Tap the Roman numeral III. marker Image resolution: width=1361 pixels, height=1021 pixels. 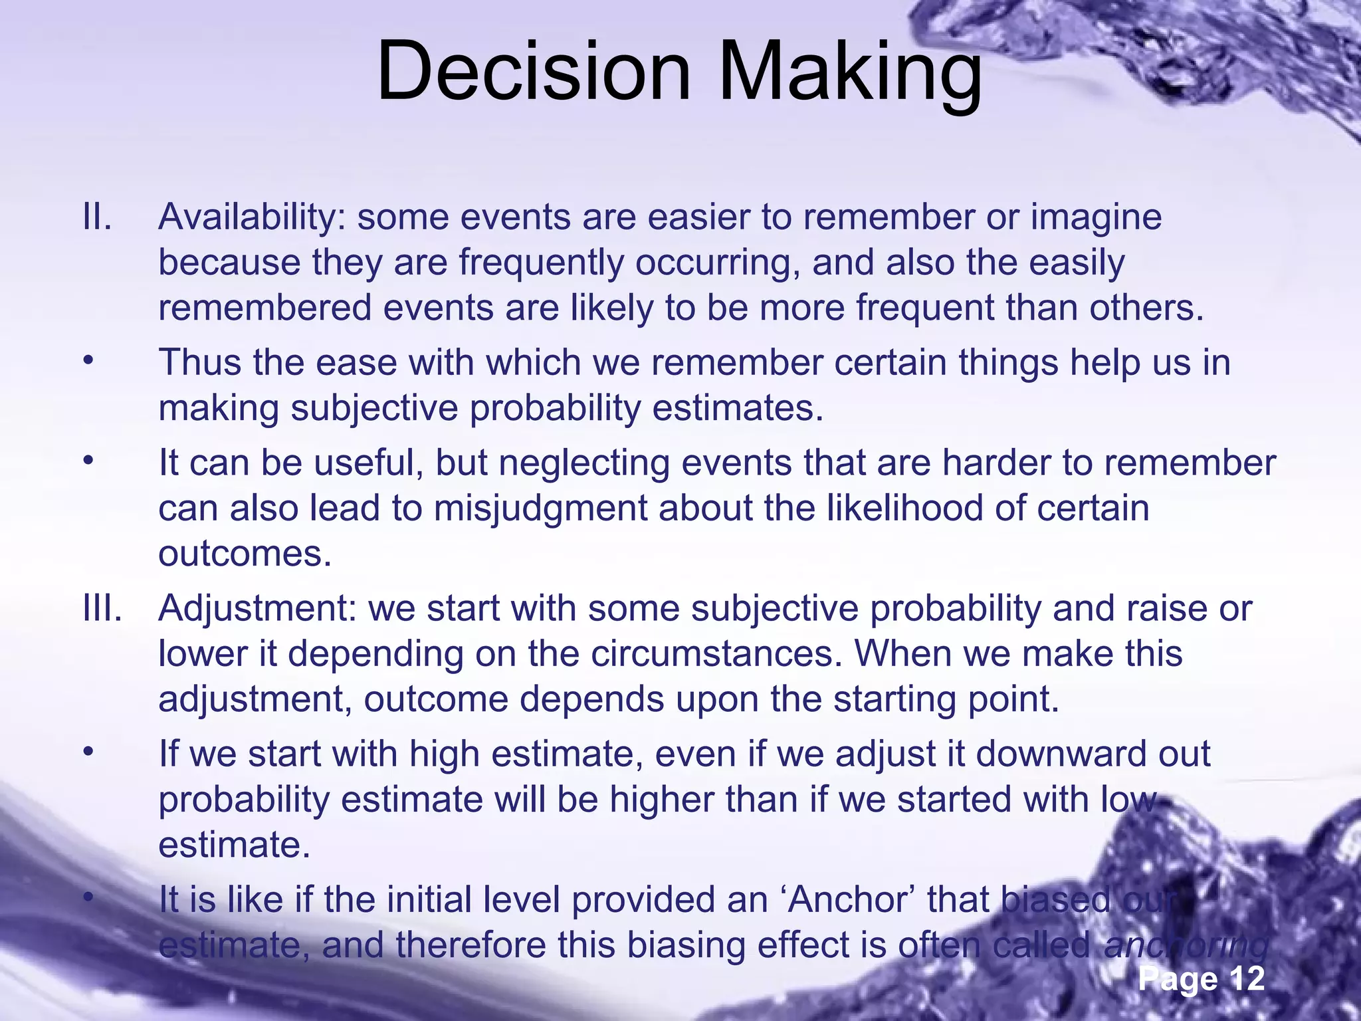(x=102, y=608)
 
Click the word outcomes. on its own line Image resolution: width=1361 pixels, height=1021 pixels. (x=245, y=554)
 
